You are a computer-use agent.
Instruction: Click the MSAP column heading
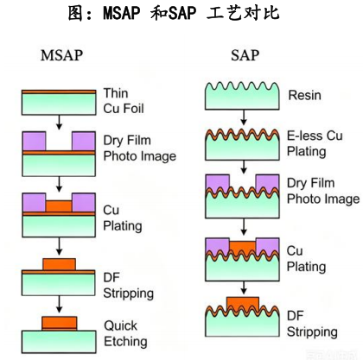coord(61,55)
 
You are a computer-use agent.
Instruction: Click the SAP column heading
coord(245,55)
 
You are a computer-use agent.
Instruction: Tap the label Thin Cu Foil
coord(124,101)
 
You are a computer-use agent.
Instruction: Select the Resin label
coord(304,95)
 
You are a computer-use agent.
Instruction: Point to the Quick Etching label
coord(125,334)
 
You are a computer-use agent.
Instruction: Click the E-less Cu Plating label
coord(315,143)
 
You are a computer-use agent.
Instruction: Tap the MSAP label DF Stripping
coord(128,286)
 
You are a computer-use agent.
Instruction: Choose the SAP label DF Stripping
coord(312,324)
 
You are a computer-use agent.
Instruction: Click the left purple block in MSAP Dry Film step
coord(34,141)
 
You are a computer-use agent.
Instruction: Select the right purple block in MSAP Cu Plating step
coord(84,203)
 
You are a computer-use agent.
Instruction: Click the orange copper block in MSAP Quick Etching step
coord(60,324)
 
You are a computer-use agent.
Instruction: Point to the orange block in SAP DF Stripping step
coord(243,303)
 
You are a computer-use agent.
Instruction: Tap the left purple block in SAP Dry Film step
coord(218,183)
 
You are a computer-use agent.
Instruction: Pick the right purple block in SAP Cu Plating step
coord(267,246)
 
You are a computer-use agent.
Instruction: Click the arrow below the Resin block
coord(244,117)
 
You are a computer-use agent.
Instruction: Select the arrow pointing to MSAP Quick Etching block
coord(59,305)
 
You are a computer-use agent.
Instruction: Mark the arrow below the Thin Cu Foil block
coord(59,123)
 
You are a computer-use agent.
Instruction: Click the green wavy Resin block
coord(242,96)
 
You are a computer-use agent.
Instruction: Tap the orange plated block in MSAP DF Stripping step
coord(60,264)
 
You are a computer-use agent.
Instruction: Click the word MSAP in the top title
coord(122,13)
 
